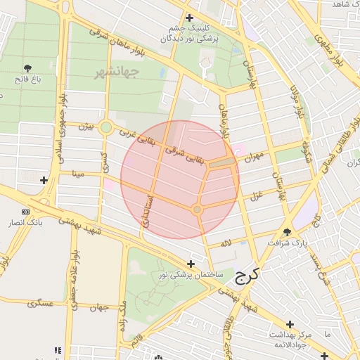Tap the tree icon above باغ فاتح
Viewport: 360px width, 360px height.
28,68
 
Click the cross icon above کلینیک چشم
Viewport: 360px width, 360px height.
189,18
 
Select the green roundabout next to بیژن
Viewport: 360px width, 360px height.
106,127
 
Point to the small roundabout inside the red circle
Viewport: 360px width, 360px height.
197,210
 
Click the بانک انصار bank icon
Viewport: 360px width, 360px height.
26,212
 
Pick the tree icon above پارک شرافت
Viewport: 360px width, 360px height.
287,231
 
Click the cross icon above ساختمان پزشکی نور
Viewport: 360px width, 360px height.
191,263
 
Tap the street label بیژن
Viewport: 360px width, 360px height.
85,127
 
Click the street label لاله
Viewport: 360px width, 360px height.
225,243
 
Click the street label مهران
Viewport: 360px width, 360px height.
254,156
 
